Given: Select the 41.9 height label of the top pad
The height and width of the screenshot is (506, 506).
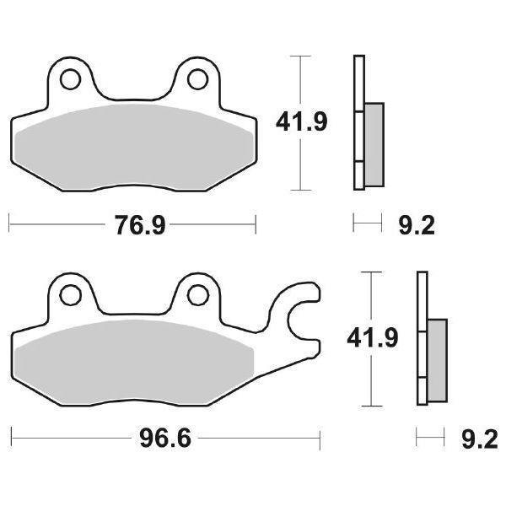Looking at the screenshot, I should pyautogui.click(x=301, y=123).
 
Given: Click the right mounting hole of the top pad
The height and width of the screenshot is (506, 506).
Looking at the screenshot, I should pyautogui.click(x=197, y=79).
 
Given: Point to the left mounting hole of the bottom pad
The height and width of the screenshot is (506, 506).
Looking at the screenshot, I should pyautogui.click(x=68, y=294).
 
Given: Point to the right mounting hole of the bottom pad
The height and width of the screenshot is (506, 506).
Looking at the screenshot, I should pyautogui.click(x=197, y=294).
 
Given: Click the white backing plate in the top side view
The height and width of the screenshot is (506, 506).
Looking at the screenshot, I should pyautogui.click(x=358, y=84).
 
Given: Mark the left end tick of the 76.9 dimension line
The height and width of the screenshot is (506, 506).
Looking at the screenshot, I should pyautogui.click(x=9, y=223).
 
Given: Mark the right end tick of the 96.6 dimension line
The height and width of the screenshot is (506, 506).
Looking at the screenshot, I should pyautogui.click(x=320, y=439).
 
